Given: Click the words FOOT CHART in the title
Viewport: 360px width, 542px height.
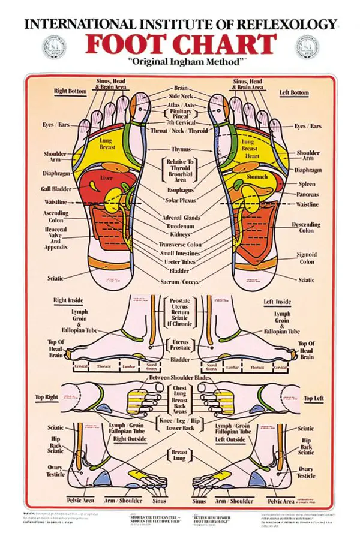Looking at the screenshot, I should (x=179, y=44).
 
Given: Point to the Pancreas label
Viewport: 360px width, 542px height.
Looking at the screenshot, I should (x=308, y=194).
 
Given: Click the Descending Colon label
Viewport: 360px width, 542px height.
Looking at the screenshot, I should (x=306, y=227).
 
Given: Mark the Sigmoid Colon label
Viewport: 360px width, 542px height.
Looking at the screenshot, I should (x=306, y=258).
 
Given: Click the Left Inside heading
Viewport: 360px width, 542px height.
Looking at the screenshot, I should (x=277, y=302).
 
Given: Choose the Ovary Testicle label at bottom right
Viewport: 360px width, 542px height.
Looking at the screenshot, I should (x=306, y=472).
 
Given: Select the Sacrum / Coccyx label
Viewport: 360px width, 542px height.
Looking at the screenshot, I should (x=179, y=281).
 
